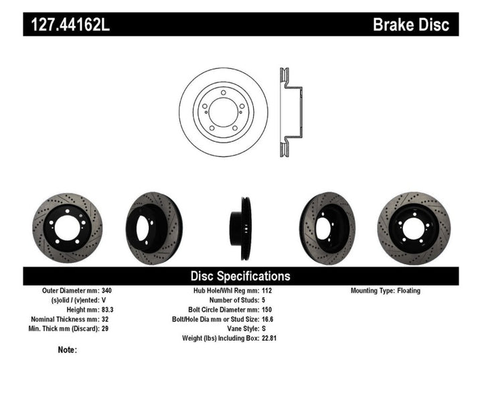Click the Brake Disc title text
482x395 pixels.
pyautogui.click(x=415, y=25)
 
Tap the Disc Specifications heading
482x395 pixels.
pyautogui.click(x=240, y=276)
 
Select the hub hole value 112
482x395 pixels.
pyautogui.click(x=268, y=291)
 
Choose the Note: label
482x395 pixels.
pyautogui.click(x=68, y=349)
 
